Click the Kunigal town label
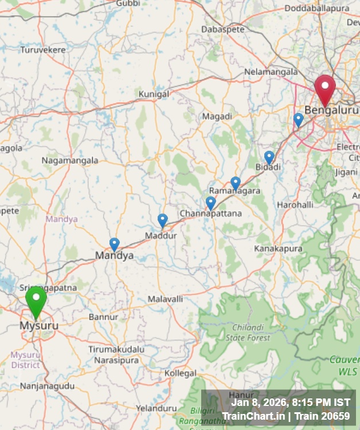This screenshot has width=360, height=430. point(154,93)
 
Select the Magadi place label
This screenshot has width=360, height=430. point(217,116)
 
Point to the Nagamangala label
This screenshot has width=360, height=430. point(70,161)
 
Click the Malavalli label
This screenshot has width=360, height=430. point(165,299)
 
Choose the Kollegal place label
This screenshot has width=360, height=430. point(180,373)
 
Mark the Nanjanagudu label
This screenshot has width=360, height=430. point(47,386)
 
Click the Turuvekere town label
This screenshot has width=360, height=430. point(43,50)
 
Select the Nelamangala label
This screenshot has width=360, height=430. point(271,72)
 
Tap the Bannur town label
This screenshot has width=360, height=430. point(103,316)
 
